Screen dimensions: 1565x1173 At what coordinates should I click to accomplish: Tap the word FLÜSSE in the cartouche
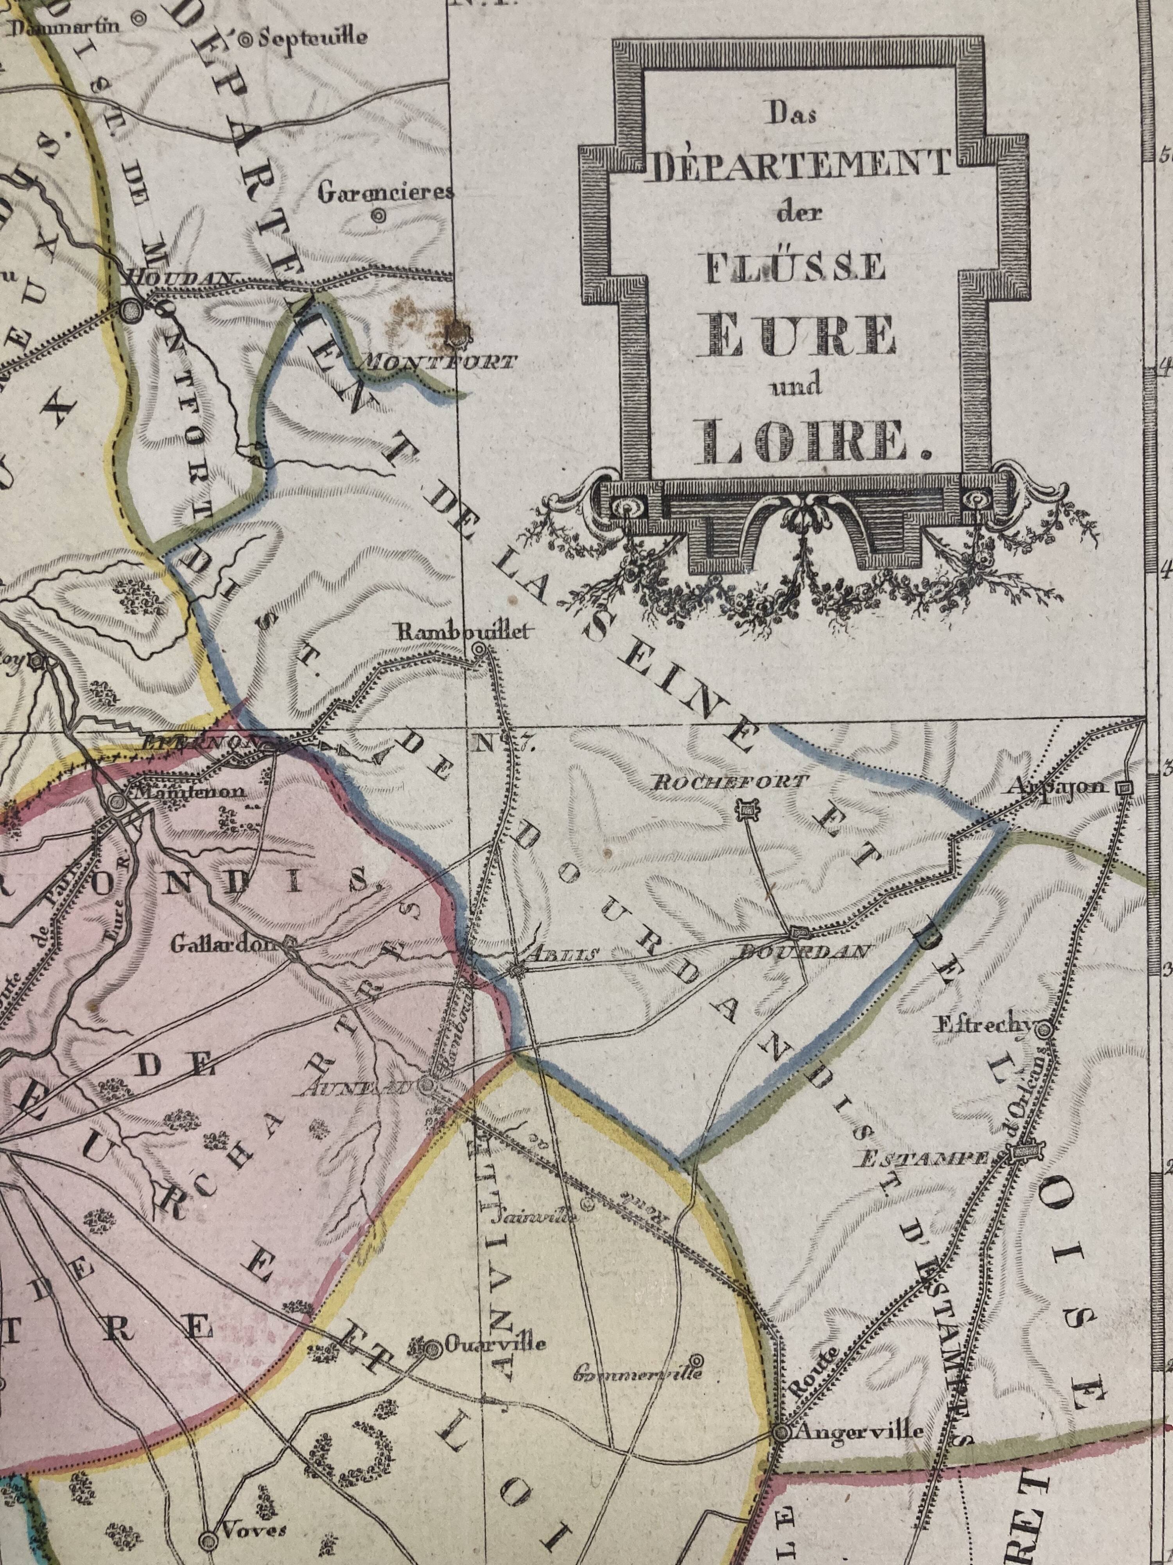[x=795, y=268]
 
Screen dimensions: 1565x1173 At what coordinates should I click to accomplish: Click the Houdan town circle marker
[x=131, y=309]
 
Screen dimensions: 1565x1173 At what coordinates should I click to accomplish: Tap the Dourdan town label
[x=802, y=952]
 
